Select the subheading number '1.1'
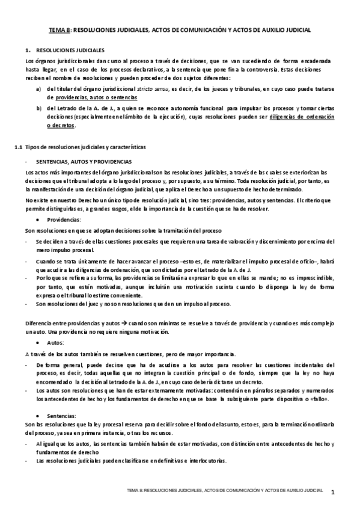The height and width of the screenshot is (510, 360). pyautogui.click(x=18, y=147)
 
